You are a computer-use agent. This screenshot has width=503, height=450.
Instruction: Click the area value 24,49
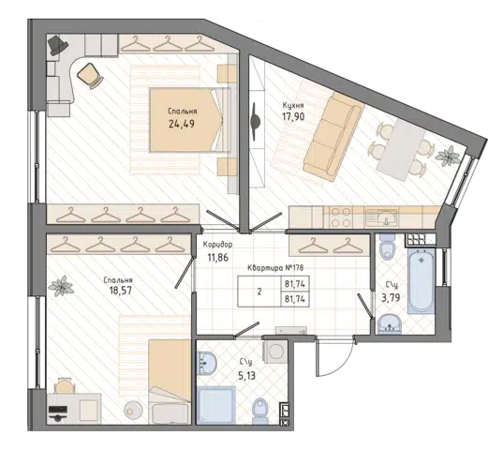[182, 123]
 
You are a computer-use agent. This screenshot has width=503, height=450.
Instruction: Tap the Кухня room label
[293, 105]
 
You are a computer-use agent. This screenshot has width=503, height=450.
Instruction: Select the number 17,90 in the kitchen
[293, 116]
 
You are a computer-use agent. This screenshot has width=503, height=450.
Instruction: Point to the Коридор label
[217, 245]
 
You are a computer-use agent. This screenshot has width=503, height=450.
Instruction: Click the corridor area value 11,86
[218, 257]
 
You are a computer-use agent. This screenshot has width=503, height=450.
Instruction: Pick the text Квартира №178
[275, 268]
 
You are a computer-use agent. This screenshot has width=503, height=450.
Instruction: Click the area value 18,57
[120, 291]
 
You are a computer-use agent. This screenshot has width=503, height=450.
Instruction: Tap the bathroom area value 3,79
[391, 298]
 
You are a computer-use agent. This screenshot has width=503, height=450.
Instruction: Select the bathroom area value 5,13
[246, 375]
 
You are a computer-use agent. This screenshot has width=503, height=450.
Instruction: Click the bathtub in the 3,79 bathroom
[422, 280]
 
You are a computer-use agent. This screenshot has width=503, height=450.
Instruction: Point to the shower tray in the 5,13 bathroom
[215, 405]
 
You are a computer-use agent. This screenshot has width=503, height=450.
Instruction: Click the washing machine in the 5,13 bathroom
[275, 352]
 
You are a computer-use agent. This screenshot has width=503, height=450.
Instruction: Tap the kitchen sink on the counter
[382, 217]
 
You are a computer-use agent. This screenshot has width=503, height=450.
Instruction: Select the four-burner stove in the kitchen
[341, 217]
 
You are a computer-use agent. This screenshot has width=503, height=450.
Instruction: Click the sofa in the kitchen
[333, 137]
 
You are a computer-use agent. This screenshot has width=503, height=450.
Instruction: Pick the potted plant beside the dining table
[448, 157]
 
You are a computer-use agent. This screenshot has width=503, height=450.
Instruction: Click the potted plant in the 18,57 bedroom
[61, 286]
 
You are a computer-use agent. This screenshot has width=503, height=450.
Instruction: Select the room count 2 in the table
[259, 292]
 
